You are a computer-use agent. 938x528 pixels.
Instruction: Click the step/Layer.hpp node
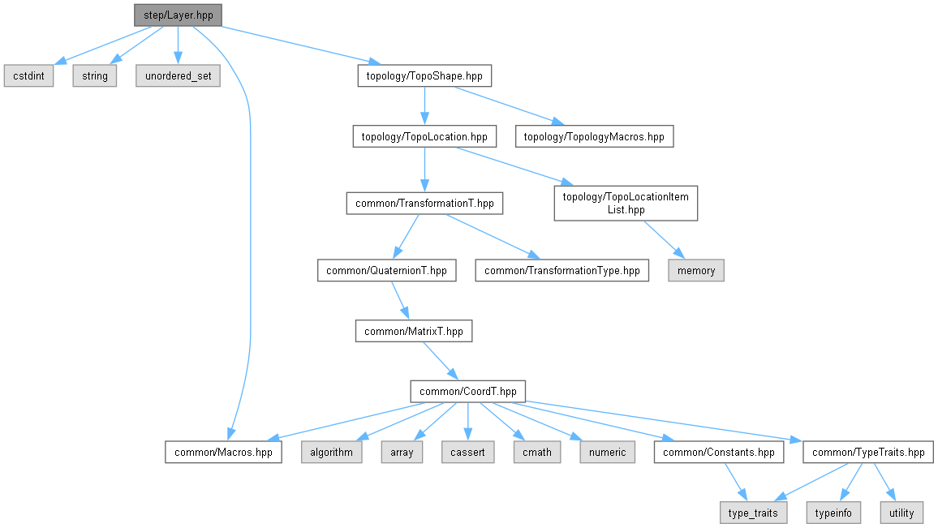pos(178,15)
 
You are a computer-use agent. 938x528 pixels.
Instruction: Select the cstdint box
pos(28,76)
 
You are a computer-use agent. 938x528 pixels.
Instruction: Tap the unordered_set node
pos(178,76)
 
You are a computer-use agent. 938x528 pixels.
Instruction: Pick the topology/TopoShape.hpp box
pos(424,76)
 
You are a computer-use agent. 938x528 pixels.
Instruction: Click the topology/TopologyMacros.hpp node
pos(594,136)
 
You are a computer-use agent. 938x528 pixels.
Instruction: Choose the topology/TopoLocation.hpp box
pos(424,136)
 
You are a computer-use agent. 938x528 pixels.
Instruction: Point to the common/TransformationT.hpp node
pos(424,204)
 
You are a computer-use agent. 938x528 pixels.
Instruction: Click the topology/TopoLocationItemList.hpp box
pos(626,204)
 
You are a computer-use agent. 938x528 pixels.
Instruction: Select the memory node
pos(696,270)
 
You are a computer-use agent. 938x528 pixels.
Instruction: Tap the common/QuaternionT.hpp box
pos(386,270)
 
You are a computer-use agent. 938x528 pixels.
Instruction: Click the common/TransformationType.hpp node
pos(562,270)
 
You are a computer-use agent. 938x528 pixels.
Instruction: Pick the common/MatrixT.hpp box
pos(414,331)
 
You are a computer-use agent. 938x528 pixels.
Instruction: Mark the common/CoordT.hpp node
pos(468,392)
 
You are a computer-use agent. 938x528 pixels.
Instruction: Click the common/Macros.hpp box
pos(224,452)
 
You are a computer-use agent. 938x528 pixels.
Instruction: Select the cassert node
pos(468,452)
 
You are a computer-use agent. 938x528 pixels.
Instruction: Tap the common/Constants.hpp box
pos(718,452)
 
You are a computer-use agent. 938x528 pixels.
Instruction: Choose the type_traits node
pos(753,513)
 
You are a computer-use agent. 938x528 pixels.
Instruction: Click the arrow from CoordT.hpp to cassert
pos(468,422)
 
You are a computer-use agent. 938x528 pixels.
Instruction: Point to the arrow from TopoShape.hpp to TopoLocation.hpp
pos(424,105)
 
